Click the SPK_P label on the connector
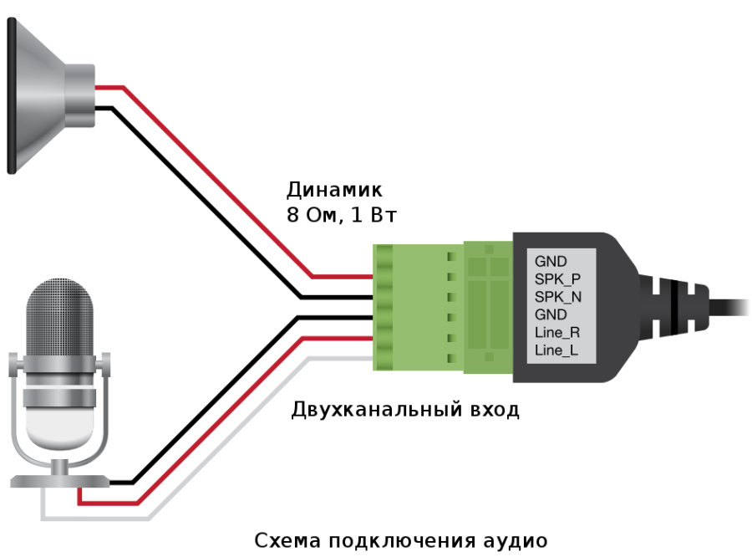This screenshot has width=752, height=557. [557, 279]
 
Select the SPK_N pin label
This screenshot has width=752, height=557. [558, 297]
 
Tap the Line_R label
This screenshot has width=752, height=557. [557, 332]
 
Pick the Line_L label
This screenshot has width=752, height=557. [556, 350]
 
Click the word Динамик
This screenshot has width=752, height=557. [334, 190]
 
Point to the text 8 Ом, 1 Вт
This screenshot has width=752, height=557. [342, 215]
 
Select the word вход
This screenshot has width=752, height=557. [495, 410]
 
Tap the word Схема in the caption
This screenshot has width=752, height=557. [287, 540]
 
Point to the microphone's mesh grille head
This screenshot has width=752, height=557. [60, 318]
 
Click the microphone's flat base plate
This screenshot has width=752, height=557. [60, 481]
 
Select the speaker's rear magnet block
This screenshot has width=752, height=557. [79, 95]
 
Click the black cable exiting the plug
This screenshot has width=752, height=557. [729, 307]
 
